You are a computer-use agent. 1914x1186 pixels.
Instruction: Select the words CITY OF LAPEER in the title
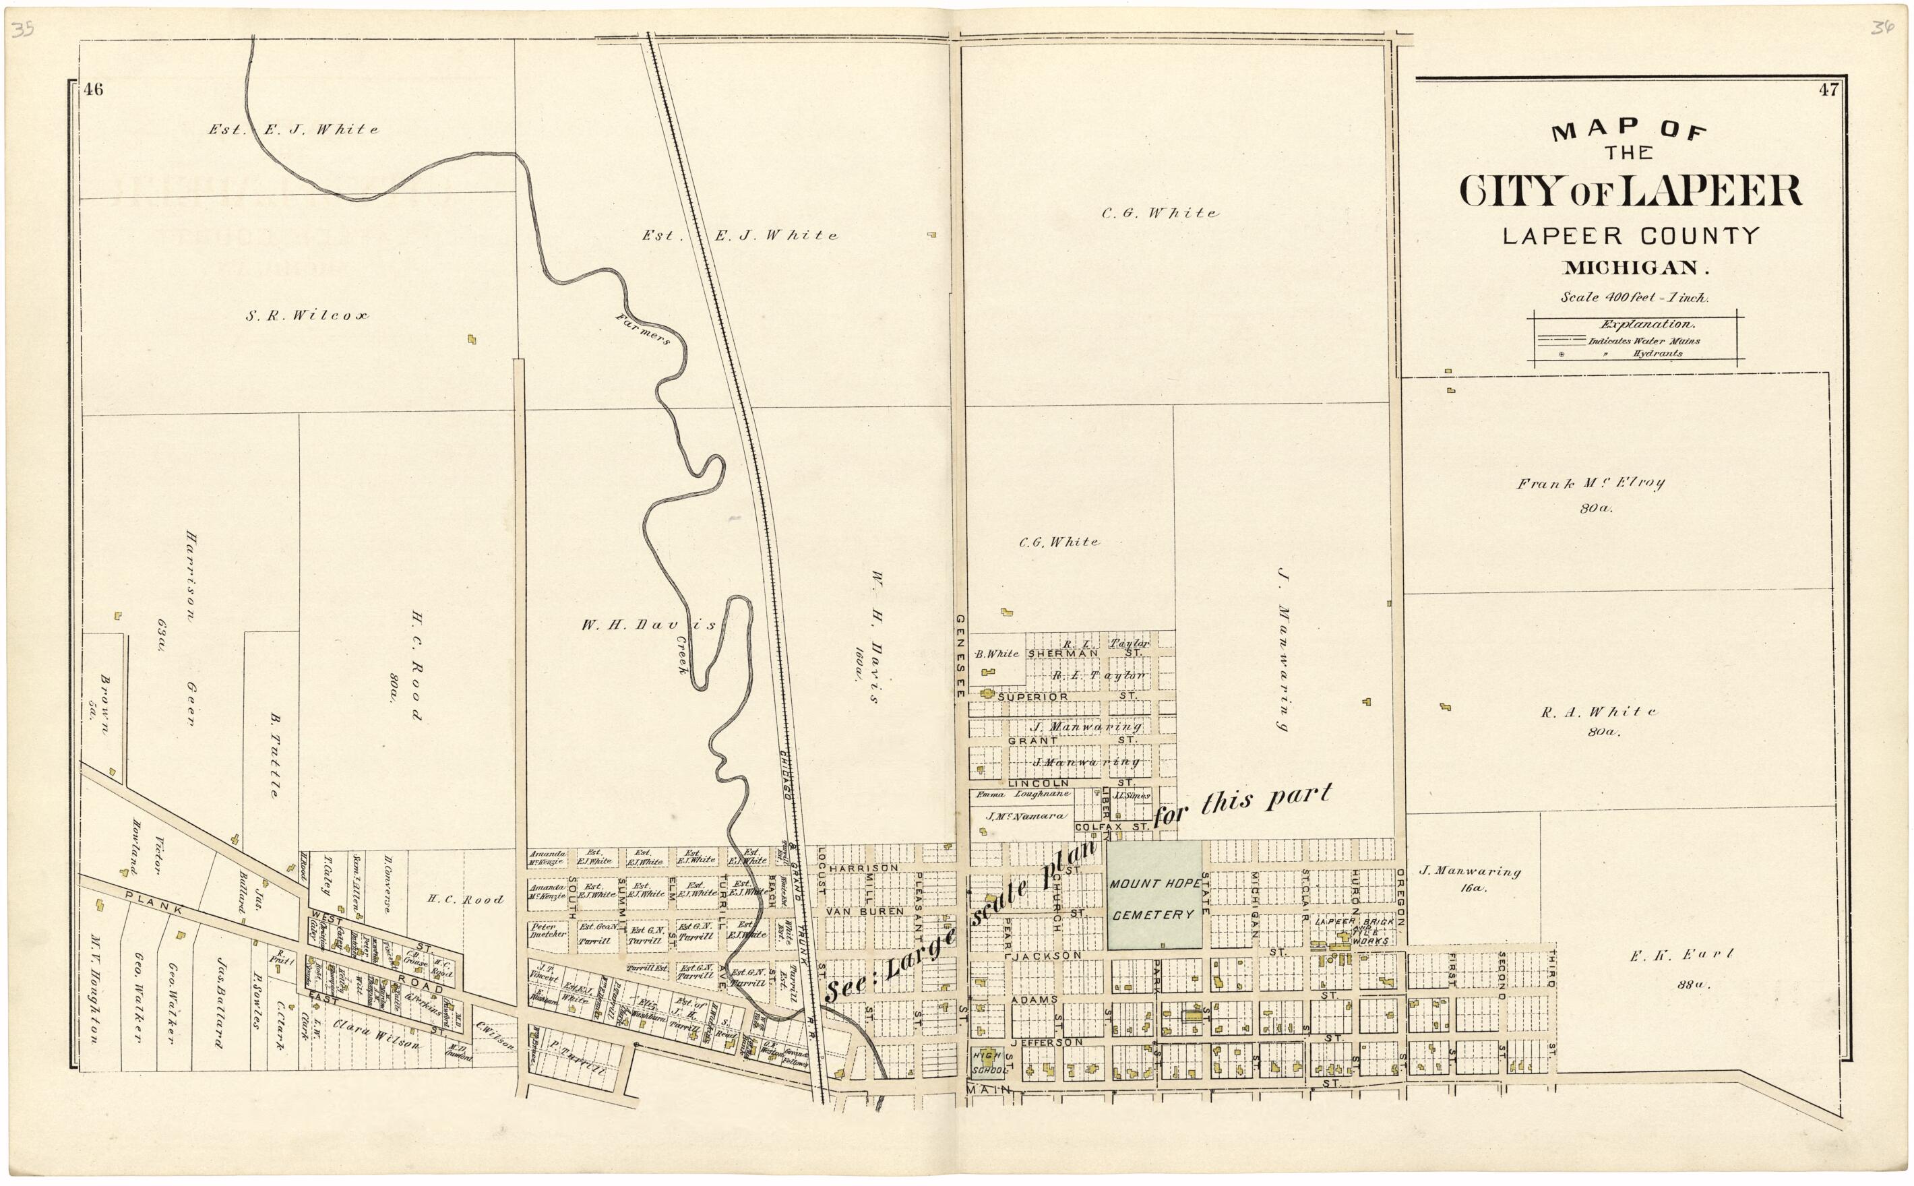(x=1631, y=191)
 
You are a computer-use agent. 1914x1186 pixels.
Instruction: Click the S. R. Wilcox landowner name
(x=307, y=316)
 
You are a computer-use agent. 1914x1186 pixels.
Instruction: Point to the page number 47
(x=1828, y=90)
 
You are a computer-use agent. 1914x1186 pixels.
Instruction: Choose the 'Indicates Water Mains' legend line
(x=1636, y=341)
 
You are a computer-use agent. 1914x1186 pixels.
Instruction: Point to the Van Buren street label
(x=861, y=912)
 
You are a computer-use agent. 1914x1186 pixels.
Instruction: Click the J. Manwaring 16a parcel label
(x=1470, y=879)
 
